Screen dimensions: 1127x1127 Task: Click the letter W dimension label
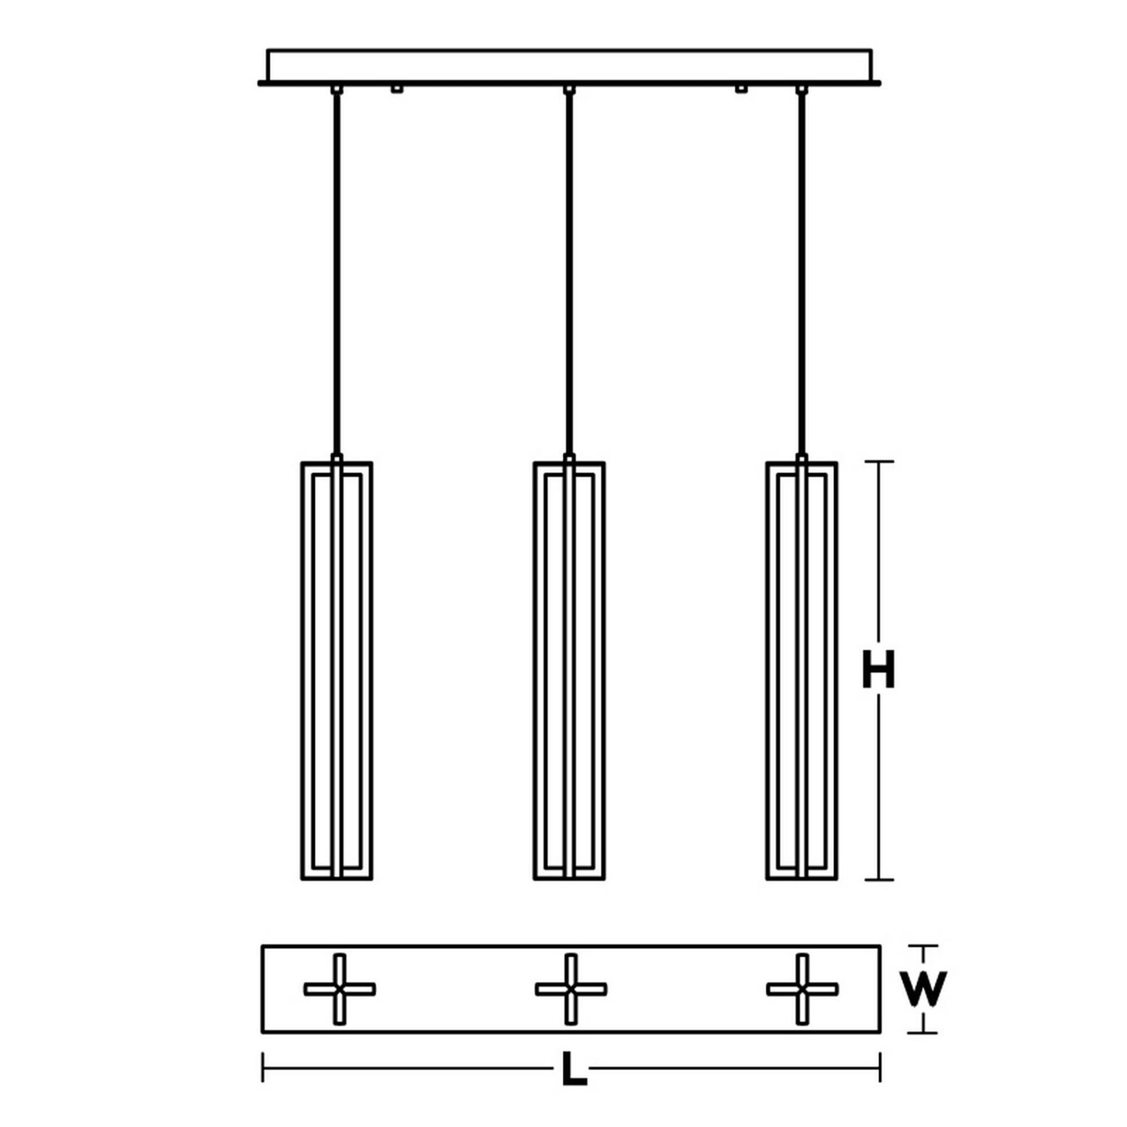(x=922, y=990)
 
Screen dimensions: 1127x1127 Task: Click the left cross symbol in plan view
(x=339, y=989)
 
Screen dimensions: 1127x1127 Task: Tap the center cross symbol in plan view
(x=571, y=989)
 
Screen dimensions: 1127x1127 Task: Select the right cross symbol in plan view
(x=802, y=989)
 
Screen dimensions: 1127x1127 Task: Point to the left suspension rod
(x=336, y=274)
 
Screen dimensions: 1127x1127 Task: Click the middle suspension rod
(x=569, y=274)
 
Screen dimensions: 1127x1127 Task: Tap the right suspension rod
(x=802, y=274)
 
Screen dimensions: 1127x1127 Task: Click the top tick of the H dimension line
(x=879, y=462)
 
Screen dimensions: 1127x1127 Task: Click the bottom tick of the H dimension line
(x=879, y=896)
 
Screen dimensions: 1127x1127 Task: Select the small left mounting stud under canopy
(x=397, y=89)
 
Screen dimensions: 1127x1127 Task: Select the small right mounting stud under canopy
(x=742, y=89)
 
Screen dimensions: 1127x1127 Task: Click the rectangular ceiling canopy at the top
(x=569, y=65)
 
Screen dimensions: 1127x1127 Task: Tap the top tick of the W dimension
(x=923, y=946)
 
